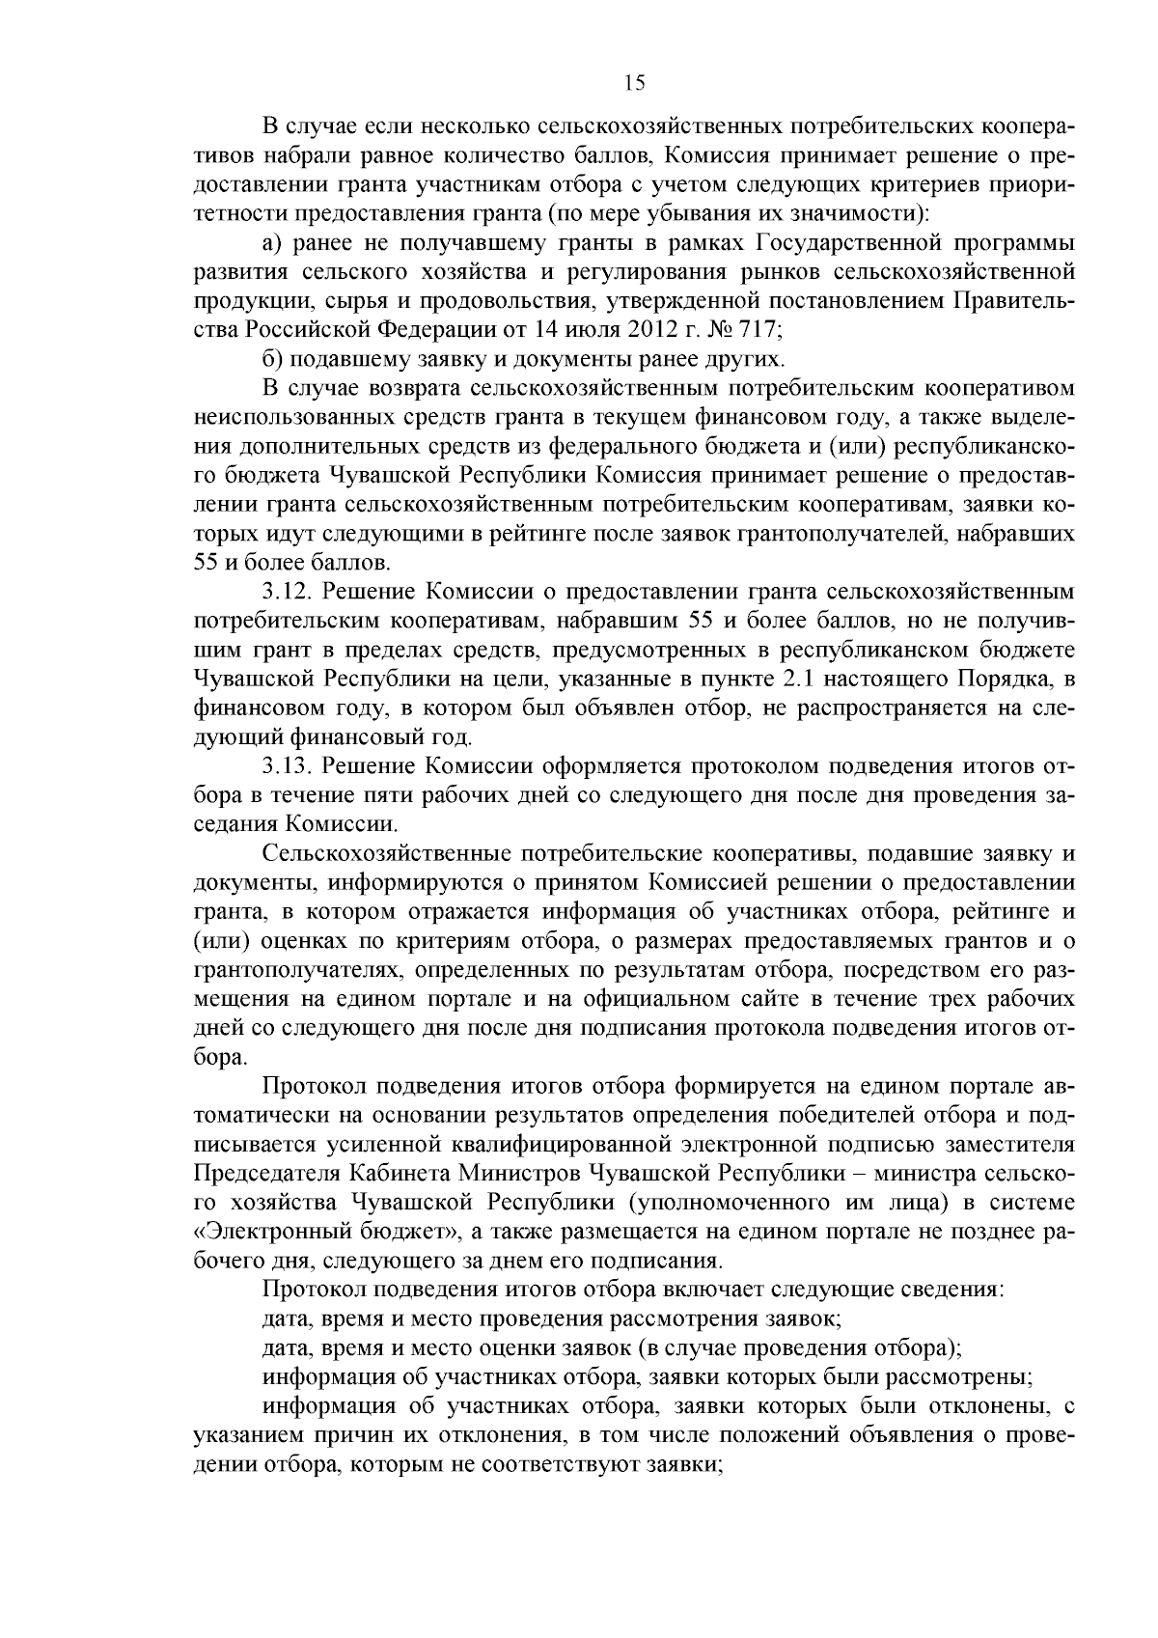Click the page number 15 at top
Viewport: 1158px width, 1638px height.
click(634, 84)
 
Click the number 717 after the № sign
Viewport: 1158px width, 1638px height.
click(753, 329)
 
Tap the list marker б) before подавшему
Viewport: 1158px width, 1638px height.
click(273, 359)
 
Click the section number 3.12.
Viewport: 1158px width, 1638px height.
click(288, 591)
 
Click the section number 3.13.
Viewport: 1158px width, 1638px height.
click(288, 766)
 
